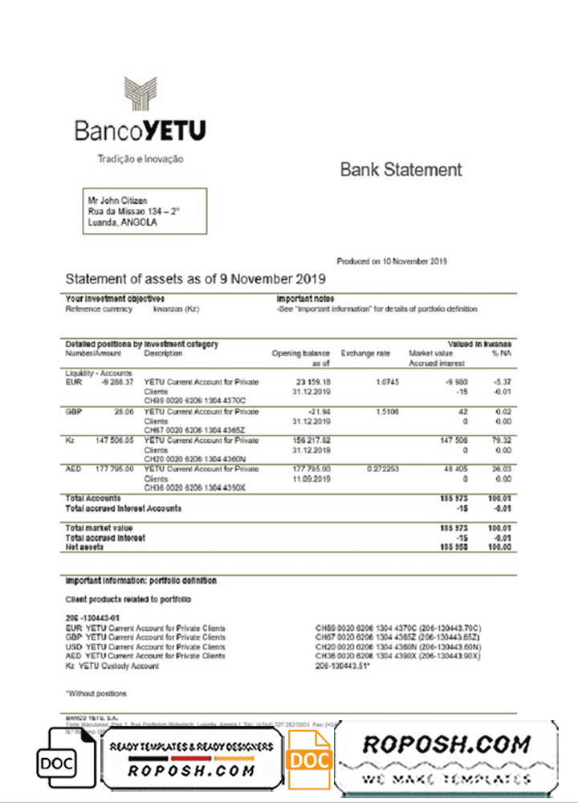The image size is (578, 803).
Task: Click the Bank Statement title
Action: click(401, 169)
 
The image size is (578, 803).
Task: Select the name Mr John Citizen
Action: click(117, 201)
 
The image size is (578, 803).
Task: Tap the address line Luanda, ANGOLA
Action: click(122, 222)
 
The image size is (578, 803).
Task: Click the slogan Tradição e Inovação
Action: click(140, 159)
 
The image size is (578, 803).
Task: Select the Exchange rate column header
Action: click(364, 353)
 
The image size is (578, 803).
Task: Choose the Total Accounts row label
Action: click(93, 499)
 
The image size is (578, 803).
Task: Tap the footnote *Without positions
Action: click(96, 693)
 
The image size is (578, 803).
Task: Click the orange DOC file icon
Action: click(309, 759)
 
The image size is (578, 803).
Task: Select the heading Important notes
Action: click(299, 299)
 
